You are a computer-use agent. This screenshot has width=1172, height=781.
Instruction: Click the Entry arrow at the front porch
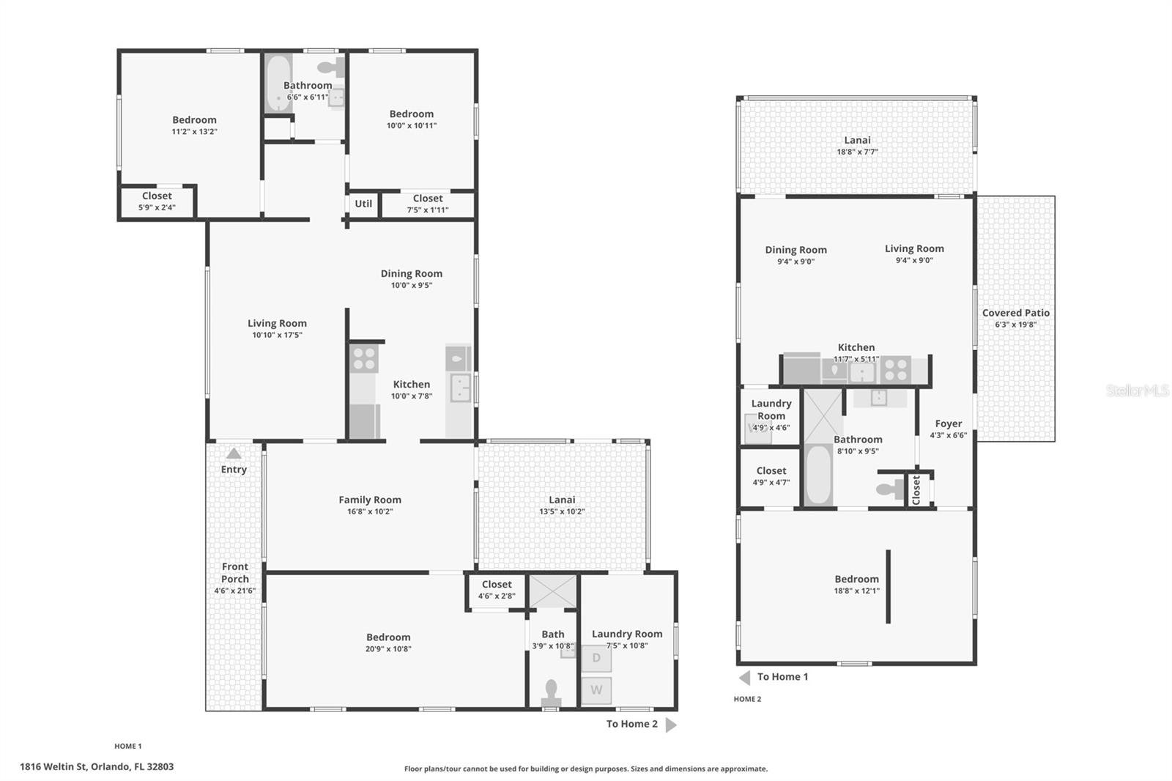coord(234,454)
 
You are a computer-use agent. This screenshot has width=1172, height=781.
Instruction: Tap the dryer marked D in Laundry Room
coord(596,658)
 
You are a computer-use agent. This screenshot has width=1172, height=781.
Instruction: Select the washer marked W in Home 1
coord(596,690)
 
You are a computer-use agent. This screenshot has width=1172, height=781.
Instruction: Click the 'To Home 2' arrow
coord(671,725)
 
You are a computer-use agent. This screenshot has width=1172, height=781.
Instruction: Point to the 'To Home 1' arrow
coord(745,677)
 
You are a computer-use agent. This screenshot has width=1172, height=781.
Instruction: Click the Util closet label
coord(363,204)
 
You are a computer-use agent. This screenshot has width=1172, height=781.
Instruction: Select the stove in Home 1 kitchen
coord(363,358)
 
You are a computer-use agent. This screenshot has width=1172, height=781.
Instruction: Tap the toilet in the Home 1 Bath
coord(551,692)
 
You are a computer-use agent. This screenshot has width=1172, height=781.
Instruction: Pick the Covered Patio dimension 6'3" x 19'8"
coord(1015,325)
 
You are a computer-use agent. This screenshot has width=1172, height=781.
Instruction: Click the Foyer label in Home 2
coord(948,423)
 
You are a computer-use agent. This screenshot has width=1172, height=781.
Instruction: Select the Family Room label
coord(369,500)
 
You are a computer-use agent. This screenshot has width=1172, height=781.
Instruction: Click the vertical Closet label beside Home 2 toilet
coord(916,489)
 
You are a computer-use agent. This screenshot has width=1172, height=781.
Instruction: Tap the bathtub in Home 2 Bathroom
coord(818,474)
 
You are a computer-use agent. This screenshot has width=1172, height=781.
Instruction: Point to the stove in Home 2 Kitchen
coord(895,370)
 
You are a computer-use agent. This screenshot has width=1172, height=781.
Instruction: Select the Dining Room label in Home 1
coord(411,273)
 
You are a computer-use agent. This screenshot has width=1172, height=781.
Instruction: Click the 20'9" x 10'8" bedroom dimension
coord(388,649)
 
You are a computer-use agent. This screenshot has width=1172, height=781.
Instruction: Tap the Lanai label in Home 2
coord(857,140)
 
